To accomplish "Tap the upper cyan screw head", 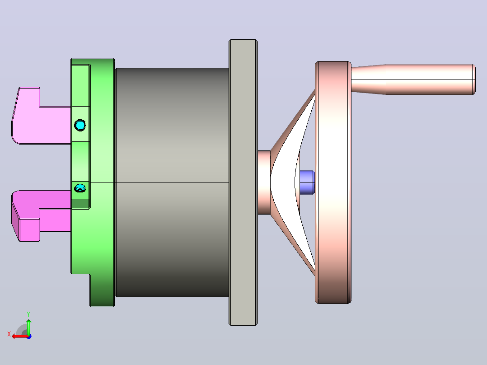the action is pos(80,125).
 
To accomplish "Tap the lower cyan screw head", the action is pos(80,187).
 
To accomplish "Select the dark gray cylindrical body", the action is pos(172,182).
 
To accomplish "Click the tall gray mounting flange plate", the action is pos(243,182).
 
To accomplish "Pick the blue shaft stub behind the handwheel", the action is pos(307,182).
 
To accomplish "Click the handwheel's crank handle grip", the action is pos(430,80).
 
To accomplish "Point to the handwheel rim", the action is pos(333,182).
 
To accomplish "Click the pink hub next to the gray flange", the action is pos(264,182).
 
